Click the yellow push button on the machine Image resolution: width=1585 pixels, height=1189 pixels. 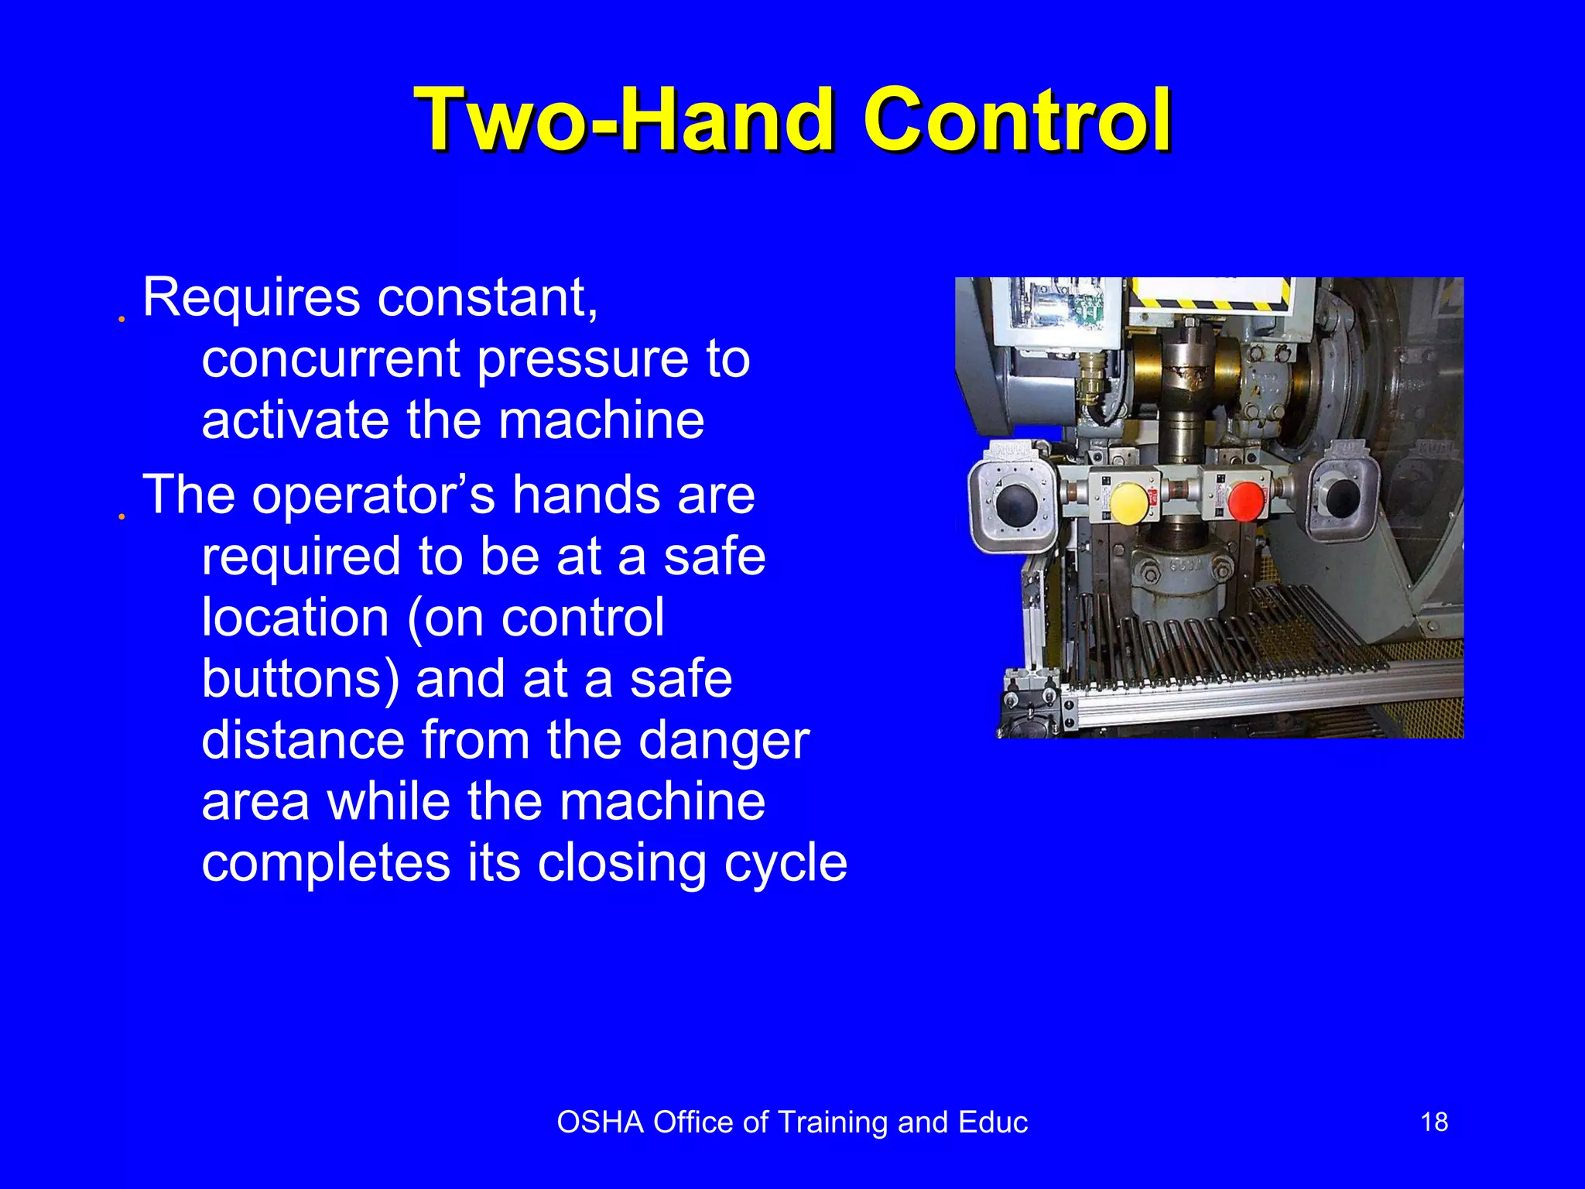coord(1129,501)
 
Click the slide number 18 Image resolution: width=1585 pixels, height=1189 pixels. coord(1434,1122)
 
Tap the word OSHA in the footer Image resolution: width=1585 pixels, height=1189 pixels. coord(600,1122)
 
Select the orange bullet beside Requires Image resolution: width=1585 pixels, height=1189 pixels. coord(122,318)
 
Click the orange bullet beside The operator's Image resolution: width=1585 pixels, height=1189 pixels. coord(122,516)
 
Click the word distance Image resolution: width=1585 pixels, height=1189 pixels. coord(303,740)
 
